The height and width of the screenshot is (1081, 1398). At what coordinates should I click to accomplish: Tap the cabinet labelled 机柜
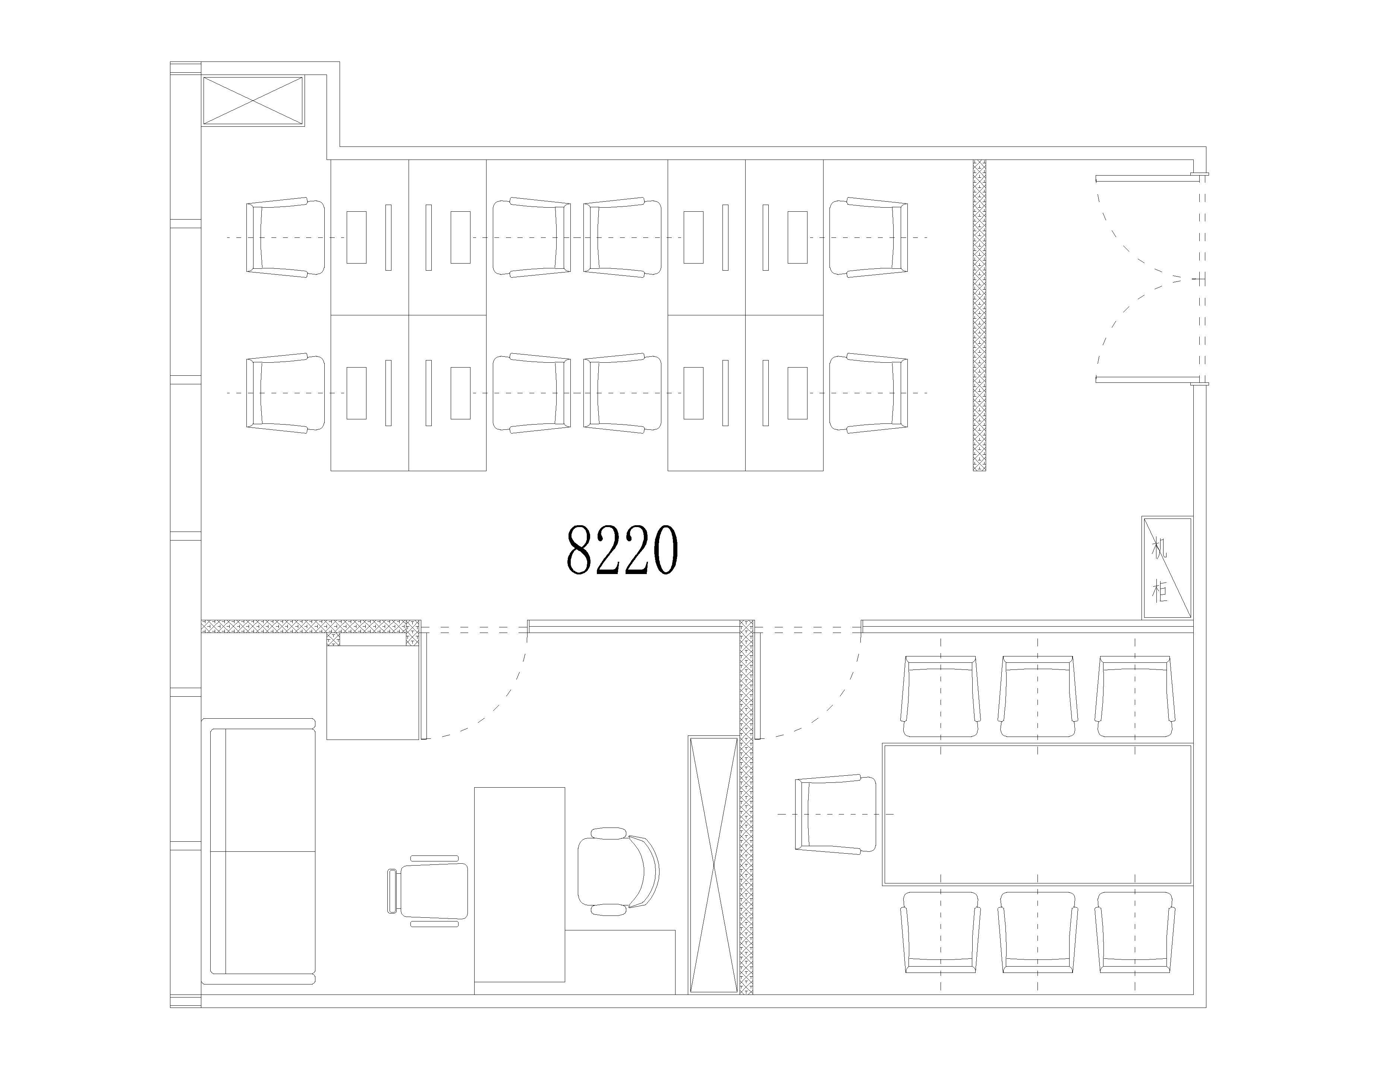coord(1167,568)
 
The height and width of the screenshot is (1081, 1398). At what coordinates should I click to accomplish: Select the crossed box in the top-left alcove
coord(253,101)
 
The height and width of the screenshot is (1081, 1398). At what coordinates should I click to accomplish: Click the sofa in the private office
coord(259,851)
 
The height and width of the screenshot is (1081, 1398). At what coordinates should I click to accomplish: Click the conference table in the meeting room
coord(1038,814)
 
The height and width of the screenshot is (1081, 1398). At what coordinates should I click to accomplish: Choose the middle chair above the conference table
coord(1038,696)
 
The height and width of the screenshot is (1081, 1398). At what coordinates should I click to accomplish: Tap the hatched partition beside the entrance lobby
coord(979,315)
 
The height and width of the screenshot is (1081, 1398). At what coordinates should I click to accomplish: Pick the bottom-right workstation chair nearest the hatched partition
coord(869,393)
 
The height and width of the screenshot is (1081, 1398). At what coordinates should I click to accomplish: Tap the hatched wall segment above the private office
coord(311,626)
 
